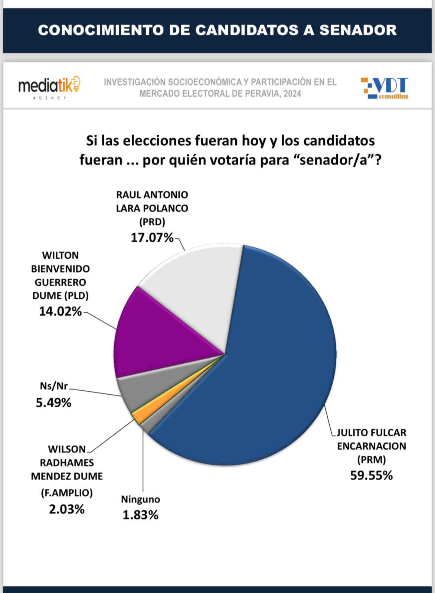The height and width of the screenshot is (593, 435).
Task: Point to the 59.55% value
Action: click(371, 476)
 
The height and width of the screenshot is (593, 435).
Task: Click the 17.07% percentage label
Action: click(152, 238)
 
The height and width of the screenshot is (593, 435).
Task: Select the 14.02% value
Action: click(60, 311)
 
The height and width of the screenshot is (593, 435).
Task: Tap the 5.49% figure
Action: click(53, 402)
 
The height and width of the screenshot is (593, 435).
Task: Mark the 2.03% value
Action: click(67, 509)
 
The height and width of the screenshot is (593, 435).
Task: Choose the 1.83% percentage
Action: click(140, 515)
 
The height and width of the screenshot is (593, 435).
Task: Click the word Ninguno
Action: click(140, 499)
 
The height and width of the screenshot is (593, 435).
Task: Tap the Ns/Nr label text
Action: click(53, 386)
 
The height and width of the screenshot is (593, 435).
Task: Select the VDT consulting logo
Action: click(385, 88)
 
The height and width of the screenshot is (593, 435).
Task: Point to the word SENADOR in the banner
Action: click(358, 30)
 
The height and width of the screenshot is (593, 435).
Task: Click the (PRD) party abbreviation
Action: click(152, 222)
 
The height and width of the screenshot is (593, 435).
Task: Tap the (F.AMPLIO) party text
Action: click(67, 493)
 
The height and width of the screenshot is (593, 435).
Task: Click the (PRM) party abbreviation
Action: click(371, 460)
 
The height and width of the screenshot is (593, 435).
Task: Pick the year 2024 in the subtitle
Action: click(292, 94)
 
